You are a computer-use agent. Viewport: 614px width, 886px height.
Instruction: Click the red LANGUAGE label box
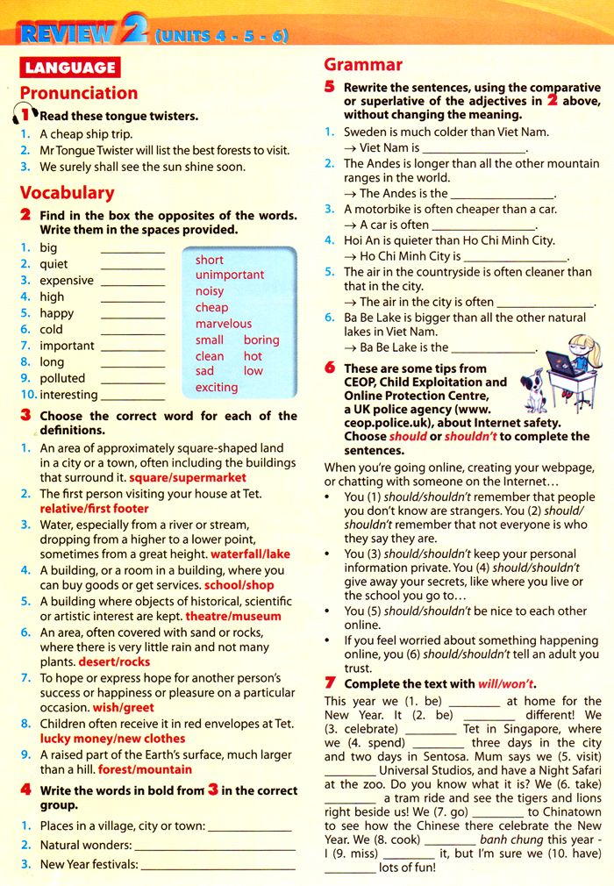[x=70, y=67]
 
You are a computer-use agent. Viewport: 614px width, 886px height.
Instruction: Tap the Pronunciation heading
[x=79, y=93]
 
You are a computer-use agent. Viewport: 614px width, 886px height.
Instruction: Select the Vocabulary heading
[x=68, y=192]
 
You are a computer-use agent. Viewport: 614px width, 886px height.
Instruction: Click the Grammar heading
[x=363, y=64]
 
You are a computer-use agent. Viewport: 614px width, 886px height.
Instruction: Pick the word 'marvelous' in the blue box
[x=224, y=324]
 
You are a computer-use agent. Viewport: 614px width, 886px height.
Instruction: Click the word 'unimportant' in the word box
[x=230, y=275]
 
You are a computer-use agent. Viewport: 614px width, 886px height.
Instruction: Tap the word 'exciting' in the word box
[x=217, y=387]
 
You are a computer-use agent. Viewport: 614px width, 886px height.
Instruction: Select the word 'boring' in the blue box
[x=261, y=339]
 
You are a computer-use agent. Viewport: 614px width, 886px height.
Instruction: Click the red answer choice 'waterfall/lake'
[x=250, y=554]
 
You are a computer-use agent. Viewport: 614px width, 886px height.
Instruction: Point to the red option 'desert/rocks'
[x=114, y=661]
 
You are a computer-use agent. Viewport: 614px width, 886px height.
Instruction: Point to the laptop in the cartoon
[x=565, y=370]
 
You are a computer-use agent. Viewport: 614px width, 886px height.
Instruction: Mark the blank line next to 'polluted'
[x=132, y=379]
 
